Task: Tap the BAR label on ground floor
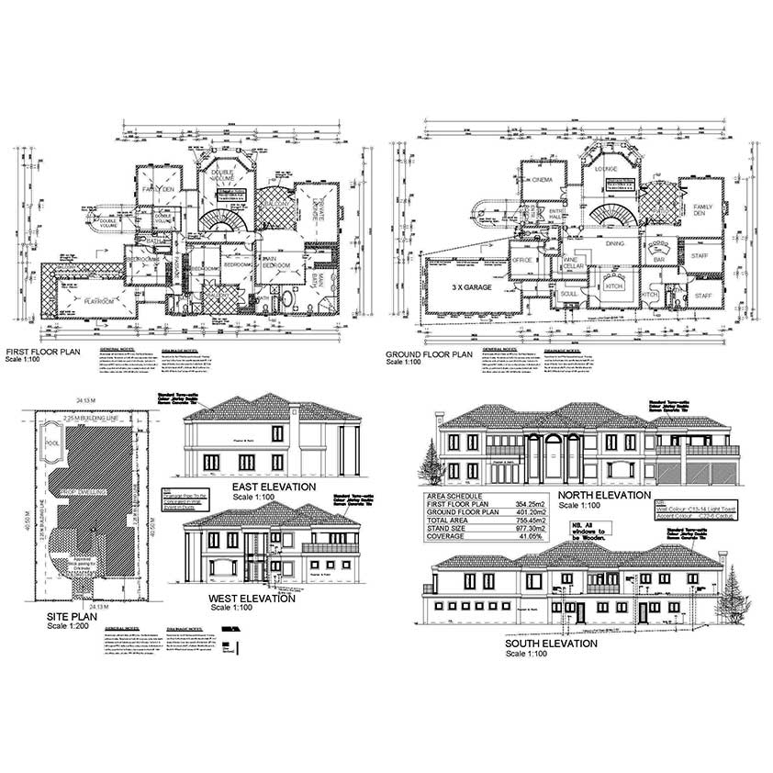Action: tap(657, 260)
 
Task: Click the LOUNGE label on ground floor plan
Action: tap(606, 168)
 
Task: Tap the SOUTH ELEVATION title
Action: tap(551, 644)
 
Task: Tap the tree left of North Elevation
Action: tap(430, 459)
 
